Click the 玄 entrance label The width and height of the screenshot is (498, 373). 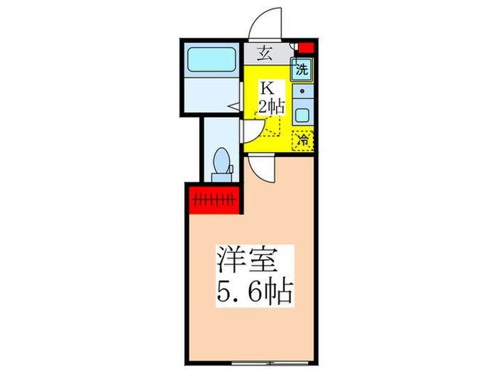264,52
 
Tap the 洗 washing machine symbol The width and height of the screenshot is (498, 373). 302,70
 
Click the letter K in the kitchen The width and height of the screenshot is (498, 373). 267,90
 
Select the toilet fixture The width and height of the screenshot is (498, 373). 222,161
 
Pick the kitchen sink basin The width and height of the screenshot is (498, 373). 302,114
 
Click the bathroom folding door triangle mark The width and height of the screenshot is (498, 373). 232,107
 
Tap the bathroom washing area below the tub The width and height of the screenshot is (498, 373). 211,96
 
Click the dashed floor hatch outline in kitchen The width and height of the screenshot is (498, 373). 272,128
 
